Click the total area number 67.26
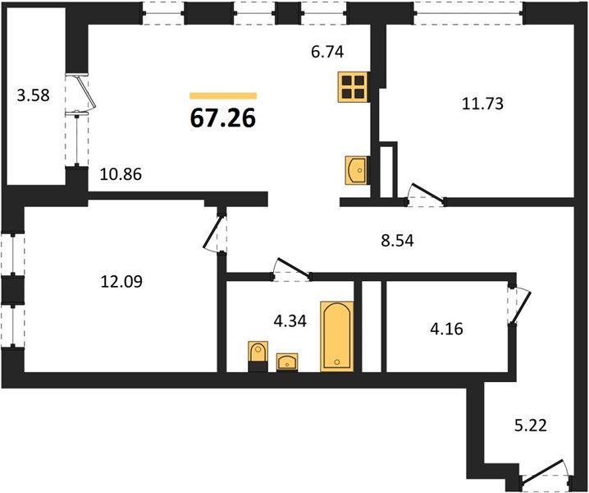pos(223,117)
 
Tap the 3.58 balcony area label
pos(34,95)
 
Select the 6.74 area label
pos(327,52)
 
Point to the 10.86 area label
pos(121,174)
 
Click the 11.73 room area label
pos(482,104)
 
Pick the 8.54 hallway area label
pos(397,241)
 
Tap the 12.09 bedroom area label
pos(121,281)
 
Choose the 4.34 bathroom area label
pos(290,321)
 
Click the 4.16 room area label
pos(446,329)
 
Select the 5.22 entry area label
pos(531,426)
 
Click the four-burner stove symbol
pos(353,86)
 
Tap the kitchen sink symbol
pos(357,170)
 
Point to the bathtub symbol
pos(337,336)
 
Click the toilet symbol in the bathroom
pos(258,356)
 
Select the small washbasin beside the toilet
pos(287,362)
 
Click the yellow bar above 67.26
pos(223,95)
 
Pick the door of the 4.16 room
pos(519,306)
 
